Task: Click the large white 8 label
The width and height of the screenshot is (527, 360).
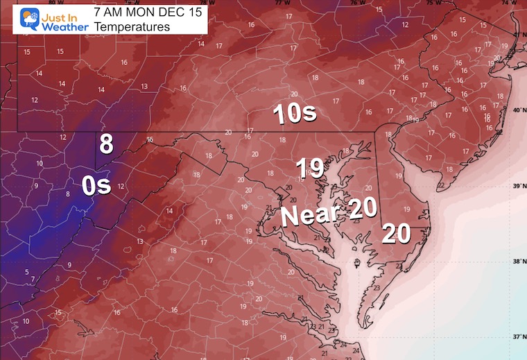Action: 105,144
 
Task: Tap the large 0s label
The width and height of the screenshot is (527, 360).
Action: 96,186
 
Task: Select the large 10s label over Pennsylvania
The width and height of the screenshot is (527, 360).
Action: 295,114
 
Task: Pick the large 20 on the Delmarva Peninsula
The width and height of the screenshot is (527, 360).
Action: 396,234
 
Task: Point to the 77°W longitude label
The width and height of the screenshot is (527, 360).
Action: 282,3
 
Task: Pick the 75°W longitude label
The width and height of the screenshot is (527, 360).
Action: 432,3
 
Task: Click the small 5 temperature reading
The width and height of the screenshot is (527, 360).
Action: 27,272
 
